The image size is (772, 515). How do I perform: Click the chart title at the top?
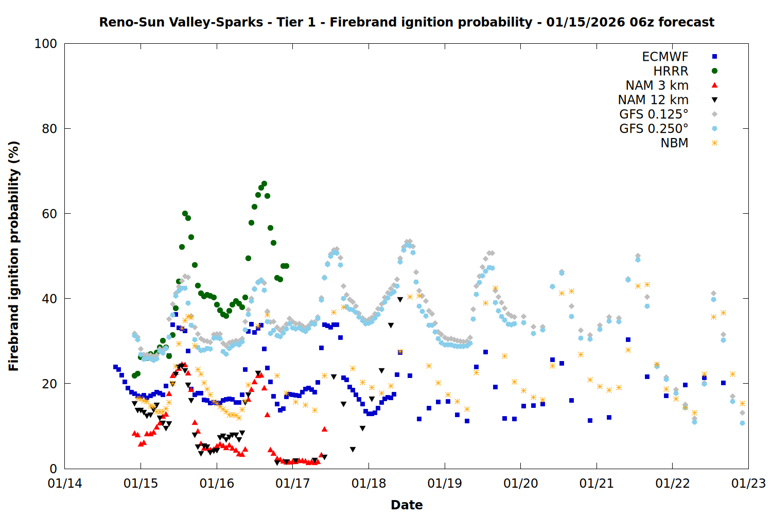[x=407, y=22]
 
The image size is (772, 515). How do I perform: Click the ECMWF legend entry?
[x=665, y=57]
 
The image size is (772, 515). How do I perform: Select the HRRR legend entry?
[x=671, y=71]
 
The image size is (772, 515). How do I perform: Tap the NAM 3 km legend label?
[x=657, y=85]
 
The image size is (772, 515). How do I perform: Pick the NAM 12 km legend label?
[x=653, y=100]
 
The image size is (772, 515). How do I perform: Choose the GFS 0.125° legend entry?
[x=654, y=114]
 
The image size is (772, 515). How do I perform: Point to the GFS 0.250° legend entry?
[x=654, y=129]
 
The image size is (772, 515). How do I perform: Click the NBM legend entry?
[x=674, y=143]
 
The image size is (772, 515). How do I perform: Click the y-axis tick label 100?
[x=46, y=44]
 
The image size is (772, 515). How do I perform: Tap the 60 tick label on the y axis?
[x=49, y=214]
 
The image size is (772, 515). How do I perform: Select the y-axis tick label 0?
[x=53, y=469]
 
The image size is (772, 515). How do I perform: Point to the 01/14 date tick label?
[x=65, y=484]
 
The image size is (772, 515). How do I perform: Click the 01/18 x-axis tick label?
[x=369, y=484]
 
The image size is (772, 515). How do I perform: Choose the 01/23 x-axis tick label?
[x=748, y=484]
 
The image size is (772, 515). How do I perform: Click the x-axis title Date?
[x=407, y=505]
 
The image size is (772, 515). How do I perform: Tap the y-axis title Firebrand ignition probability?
[x=14, y=256]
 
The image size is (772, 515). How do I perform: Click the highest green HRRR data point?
[x=264, y=183]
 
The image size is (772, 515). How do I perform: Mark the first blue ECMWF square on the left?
[x=115, y=367]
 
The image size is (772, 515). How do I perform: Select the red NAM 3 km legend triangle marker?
[x=714, y=85]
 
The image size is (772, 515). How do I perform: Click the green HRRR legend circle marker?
[x=714, y=71]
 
